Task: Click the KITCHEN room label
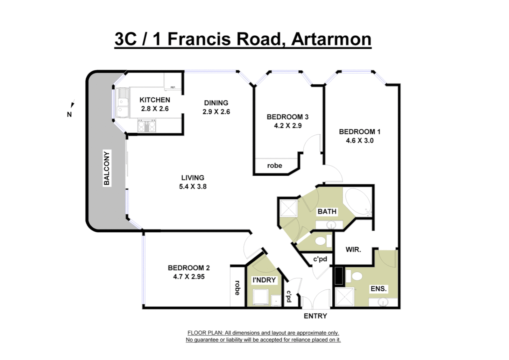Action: coord(155,100)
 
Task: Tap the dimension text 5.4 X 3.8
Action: coord(193,187)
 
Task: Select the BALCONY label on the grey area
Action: coord(107,168)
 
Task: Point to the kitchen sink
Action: coord(122,102)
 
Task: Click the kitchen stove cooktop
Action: coord(147,126)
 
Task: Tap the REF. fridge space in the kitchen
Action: coord(173,82)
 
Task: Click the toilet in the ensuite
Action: coord(355,276)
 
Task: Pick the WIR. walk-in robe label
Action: coord(353,249)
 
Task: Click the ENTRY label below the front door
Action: coord(315,316)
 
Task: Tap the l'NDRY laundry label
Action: coord(264,280)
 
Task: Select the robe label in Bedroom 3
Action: coord(274,166)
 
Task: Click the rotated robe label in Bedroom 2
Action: coord(237,288)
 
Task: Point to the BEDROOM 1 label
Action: coord(359,132)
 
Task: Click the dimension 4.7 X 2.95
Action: coord(189,277)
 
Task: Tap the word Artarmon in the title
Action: coord(331,39)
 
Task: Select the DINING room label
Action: coord(216,103)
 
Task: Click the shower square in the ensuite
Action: coord(344,297)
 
